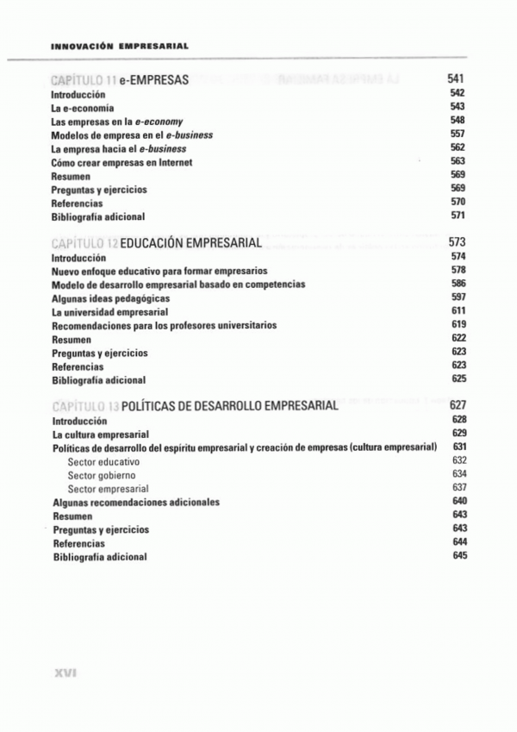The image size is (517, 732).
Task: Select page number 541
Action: point(457,78)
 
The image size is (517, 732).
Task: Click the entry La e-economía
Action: point(83,108)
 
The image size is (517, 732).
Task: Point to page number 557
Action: point(458,135)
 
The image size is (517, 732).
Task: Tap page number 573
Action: point(457,241)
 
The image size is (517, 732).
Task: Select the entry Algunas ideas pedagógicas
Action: point(110,298)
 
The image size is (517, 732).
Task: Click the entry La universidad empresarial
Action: point(109,312)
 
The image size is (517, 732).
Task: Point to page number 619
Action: point(458,324)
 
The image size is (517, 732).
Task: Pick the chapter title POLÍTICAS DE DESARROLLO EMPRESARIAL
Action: point(230,406)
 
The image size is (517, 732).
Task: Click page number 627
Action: point(458,405)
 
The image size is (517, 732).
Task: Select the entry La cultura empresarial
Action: point(101,435)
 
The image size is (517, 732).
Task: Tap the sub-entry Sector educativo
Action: point(103,462)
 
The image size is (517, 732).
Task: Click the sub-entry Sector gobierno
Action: point(101,475)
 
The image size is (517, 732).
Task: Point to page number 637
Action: point(458,487)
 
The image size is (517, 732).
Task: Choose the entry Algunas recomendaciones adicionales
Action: point(136,502)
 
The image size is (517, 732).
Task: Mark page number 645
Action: point(459,555)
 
